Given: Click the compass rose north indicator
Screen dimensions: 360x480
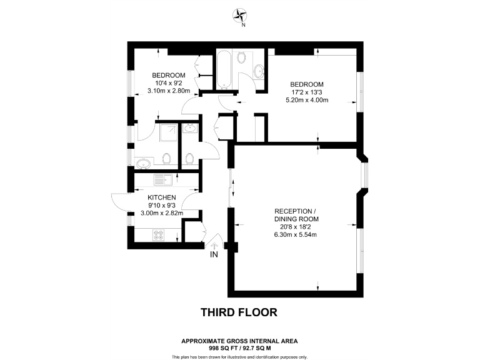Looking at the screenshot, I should point(241,16).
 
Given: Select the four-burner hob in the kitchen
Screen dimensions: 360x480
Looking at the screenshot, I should point(159,236).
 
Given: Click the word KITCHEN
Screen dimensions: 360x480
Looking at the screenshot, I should point(162,197).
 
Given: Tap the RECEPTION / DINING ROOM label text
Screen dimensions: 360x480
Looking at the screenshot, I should point(296,214).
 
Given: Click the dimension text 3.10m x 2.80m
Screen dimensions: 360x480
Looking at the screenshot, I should point(168,91).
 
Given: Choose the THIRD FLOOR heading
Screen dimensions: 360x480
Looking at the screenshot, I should point(239,311).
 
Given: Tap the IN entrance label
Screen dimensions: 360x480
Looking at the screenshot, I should point(214,255).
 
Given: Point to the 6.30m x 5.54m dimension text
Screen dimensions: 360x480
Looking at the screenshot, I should point(296,235).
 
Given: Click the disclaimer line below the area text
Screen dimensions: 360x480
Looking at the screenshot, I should point(239,357).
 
